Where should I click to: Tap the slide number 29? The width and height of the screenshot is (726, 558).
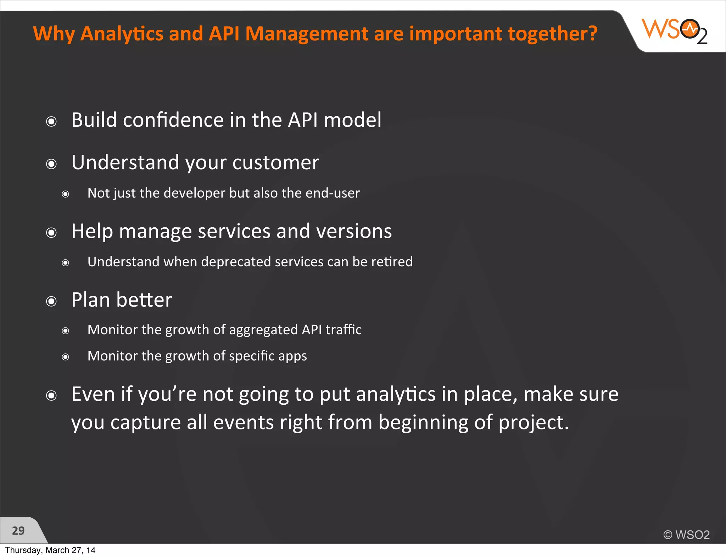18,531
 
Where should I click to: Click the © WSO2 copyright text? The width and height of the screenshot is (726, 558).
687,535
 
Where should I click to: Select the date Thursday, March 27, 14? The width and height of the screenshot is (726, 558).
50,550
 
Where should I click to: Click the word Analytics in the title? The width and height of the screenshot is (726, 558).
122,34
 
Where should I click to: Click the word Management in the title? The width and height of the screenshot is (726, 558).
307,34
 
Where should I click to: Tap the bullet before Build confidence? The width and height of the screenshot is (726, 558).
51,122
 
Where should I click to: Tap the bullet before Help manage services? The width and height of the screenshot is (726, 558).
51,233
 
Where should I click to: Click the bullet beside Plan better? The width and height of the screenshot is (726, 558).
51,301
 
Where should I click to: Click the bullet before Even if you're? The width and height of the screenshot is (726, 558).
51,395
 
